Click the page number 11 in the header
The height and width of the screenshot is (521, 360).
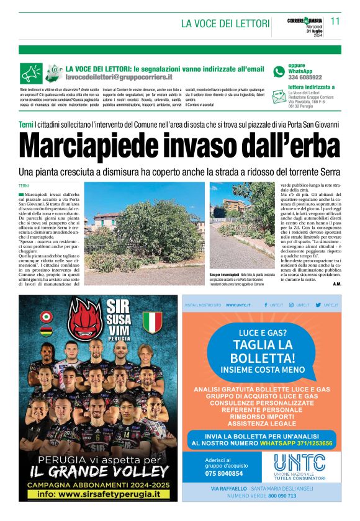pyautogui.click(x=335, y=21)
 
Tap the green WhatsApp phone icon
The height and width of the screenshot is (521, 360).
pyautogui.click(x=279, y=72)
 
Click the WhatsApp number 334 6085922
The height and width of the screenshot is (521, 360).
pyautogui.click(x=305, y=78)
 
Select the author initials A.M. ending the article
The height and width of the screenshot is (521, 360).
pyautogui.click(x=336, y=284)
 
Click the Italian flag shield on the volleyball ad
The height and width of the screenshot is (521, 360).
pyautogui.click(x=152, y=322)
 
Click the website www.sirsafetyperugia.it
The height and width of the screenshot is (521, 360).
pyautogui.click(x=103, y=494)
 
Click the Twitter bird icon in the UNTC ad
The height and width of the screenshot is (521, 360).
pyautogui.click(x=318, y=305)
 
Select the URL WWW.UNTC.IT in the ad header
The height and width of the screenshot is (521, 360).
pyautogui.click(x=238, y=305)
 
